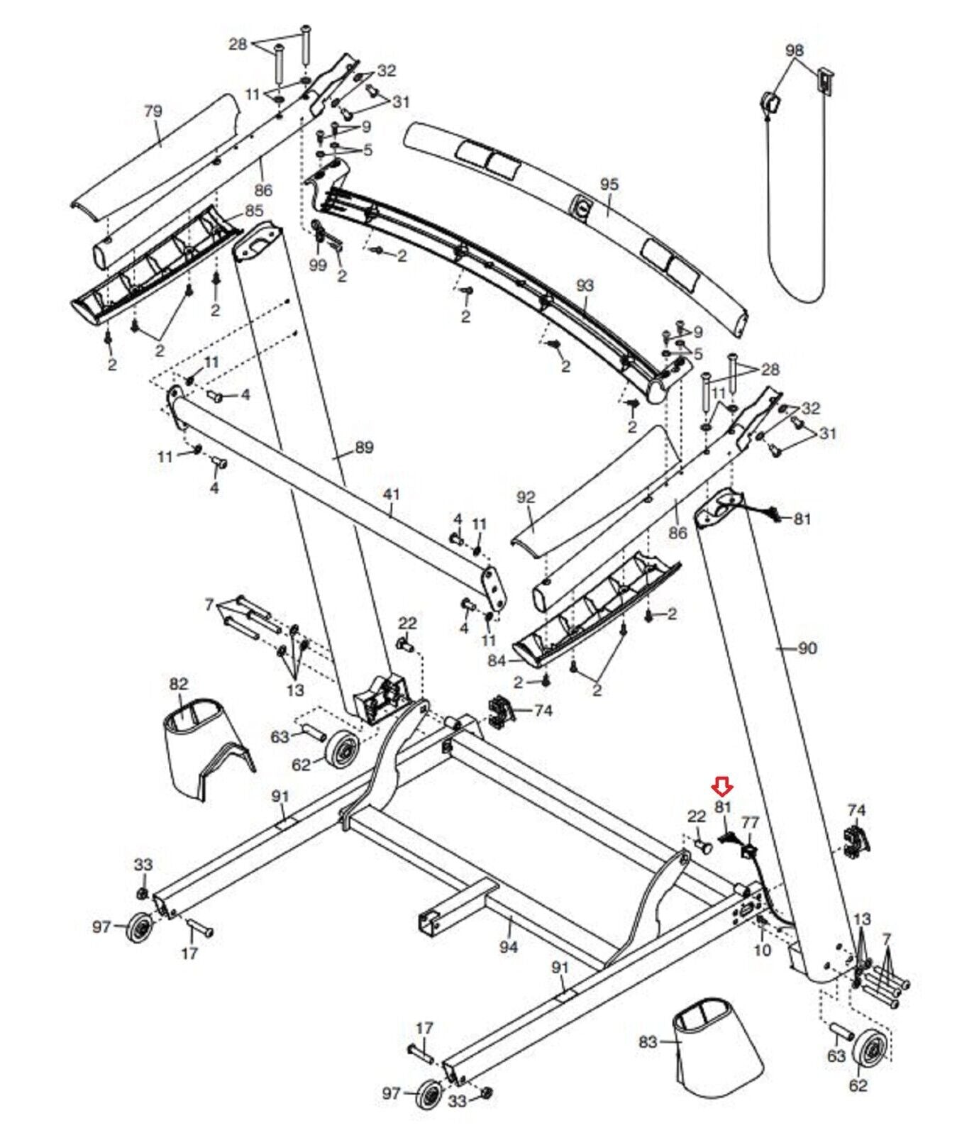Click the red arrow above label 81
point(723,785)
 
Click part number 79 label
point(153,111)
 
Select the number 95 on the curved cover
point(609,184)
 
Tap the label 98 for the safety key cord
point(795,51)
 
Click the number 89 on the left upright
point(364,448)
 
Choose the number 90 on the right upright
point(807,648)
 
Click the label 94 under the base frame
point(509,946)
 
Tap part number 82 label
point(179,684)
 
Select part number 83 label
point(648,1042)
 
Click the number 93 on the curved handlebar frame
point(585,286)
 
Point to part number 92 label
point(526,497)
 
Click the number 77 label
point(750,822)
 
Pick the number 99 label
point(319,265)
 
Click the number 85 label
point(254,211)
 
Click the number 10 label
point(761,949)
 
